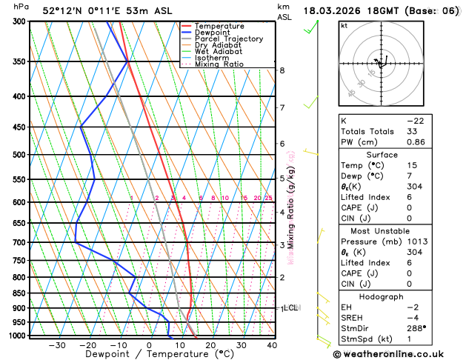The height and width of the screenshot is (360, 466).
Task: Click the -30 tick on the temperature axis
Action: pos(57,345)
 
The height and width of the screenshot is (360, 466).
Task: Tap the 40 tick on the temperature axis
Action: pos(272,345)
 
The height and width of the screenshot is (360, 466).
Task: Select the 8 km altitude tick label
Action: pos(282,70)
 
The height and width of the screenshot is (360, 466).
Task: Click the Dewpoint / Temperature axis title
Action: pos(148,355)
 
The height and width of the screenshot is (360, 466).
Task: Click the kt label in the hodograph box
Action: pos(344,26)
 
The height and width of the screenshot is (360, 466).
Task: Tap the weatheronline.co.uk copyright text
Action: pos(396,354)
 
